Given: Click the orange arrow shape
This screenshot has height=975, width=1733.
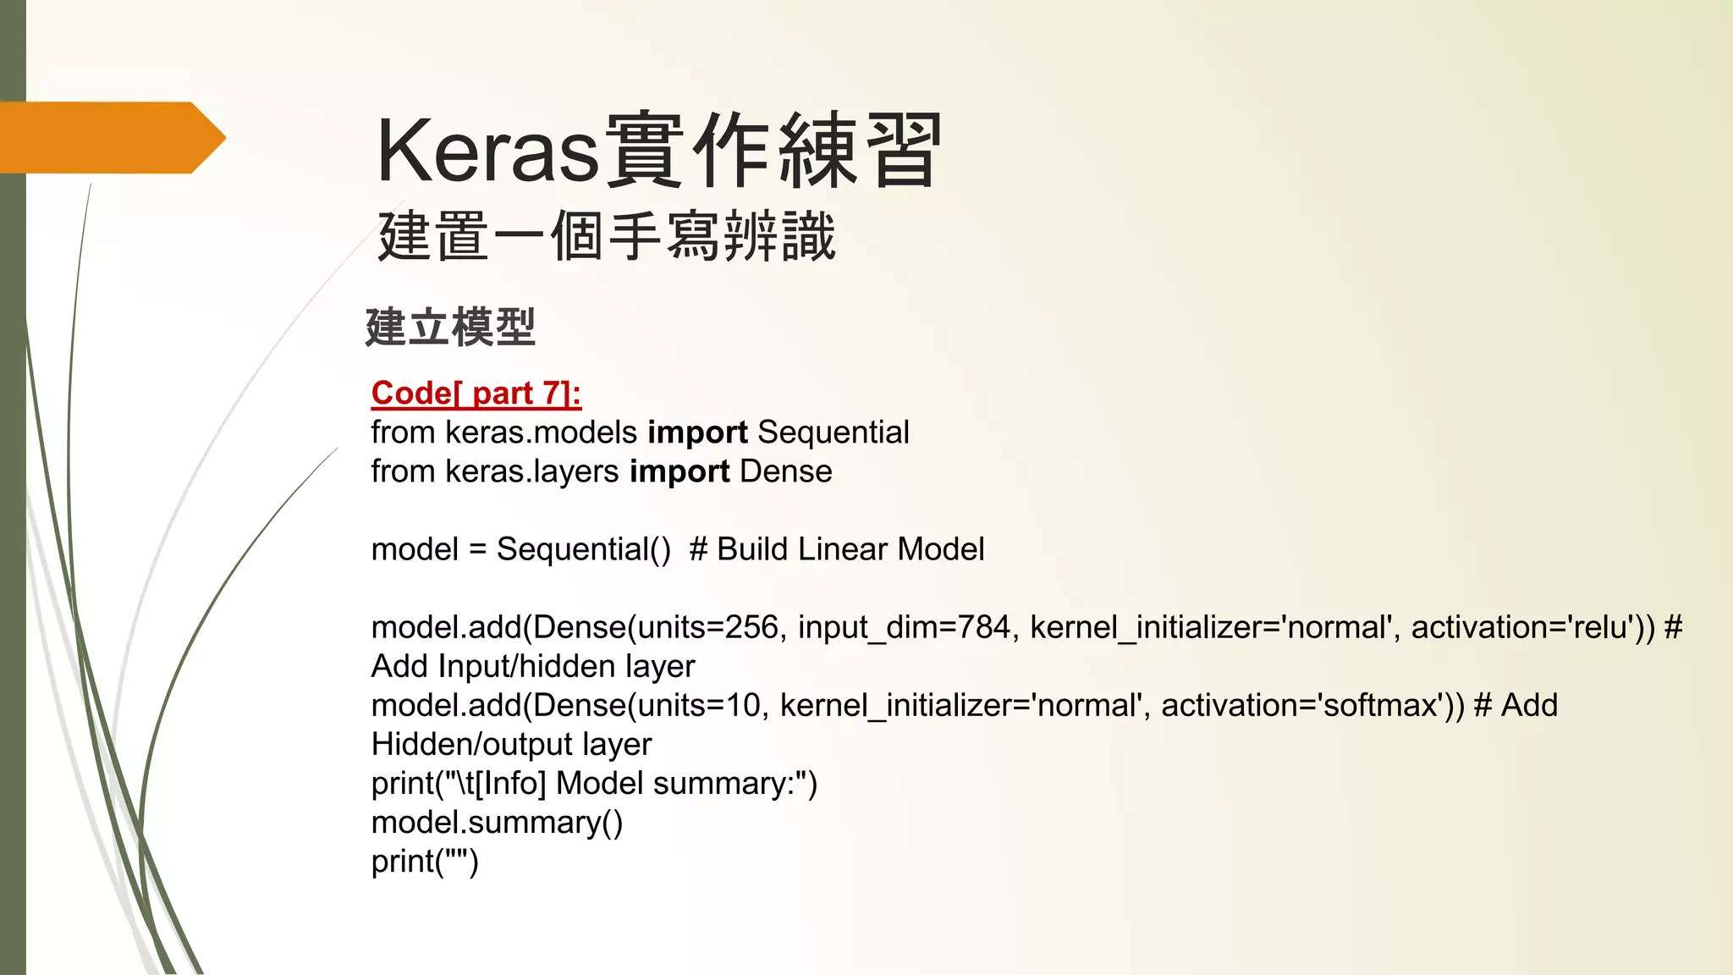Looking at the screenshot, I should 110,138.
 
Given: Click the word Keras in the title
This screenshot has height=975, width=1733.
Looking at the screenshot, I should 487,151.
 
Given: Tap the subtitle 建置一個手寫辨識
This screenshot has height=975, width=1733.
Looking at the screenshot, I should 606,236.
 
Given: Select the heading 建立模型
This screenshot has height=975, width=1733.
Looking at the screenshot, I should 450,328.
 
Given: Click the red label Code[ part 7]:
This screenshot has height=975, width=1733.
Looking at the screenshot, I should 476,394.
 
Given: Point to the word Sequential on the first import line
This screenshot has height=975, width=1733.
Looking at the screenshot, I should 833,432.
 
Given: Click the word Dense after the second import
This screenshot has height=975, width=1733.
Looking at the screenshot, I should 785,471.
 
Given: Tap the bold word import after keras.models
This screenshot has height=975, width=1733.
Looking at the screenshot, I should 697,432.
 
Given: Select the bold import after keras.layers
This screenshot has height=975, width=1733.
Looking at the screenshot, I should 679,471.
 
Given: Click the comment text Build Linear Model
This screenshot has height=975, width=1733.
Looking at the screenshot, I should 850,549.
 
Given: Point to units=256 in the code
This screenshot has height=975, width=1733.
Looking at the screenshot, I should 707,627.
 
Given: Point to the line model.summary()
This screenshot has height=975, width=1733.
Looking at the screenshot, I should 497,823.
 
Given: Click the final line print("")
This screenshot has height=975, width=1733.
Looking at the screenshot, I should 425,862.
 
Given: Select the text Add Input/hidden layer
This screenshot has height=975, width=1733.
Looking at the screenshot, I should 533,666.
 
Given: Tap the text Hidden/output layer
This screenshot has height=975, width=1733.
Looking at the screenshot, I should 511,744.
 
